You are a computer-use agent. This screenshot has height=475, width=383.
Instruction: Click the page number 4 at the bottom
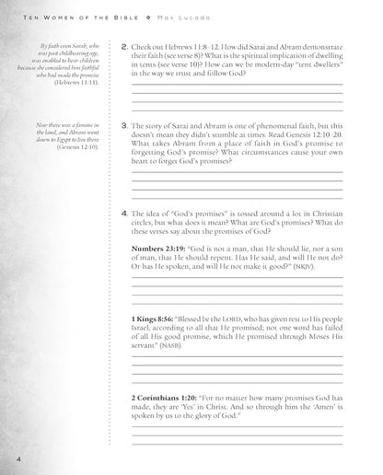6,457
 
